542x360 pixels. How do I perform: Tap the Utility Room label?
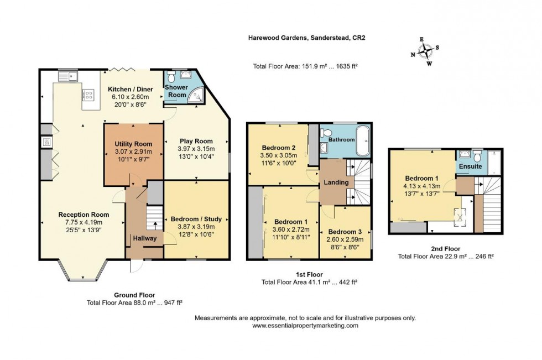tap(133, 144)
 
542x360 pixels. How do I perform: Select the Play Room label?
tap(196, 140)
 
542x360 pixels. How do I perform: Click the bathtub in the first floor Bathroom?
tap(363, 140)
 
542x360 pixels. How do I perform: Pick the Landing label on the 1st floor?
tap(336, 182)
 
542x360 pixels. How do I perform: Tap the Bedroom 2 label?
tap(279, 148)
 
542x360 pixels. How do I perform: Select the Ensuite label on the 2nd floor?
tap(470, 166)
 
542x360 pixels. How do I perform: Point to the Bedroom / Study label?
tap(196, 219)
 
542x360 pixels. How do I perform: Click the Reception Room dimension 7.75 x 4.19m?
tap(85, 222)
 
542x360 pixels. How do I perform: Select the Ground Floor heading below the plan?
tap(134, 295)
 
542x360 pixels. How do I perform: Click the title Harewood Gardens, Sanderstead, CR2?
tap(306, 38)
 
